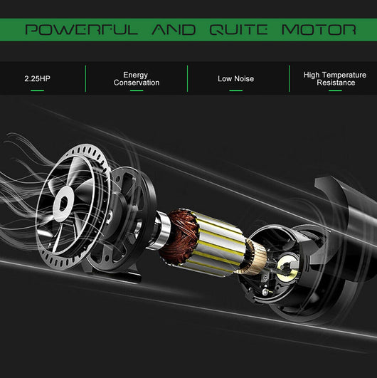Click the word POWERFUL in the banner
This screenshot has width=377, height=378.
[x=82, y=30]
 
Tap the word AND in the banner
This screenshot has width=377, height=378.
[x=174, y=30]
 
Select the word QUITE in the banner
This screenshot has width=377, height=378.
[x=238, y=30]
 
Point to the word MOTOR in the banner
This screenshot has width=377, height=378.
[x=319, y=30]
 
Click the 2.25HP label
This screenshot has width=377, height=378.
[x=37, y=78]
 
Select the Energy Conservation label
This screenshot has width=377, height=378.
[x=137, y=78]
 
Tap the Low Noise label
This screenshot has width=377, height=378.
[x=236, y=78]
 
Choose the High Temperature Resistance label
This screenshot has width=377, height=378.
[x=335, y=78]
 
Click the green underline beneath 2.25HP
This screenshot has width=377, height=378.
[x=37, y=90]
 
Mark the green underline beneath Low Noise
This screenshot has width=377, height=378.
[x=236, y=90]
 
